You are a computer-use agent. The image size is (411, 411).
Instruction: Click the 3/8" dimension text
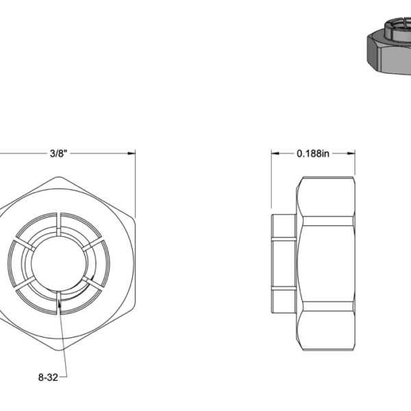58,153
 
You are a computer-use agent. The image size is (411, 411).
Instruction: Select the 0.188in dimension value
313,153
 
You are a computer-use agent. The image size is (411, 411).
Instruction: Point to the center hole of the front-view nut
59,261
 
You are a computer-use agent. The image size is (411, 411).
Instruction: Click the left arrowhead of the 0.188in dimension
275,153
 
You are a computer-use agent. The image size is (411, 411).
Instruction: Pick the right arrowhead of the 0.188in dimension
352,153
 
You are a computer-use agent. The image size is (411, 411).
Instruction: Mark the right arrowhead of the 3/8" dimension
133,153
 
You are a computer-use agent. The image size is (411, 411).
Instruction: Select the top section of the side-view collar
284,226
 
